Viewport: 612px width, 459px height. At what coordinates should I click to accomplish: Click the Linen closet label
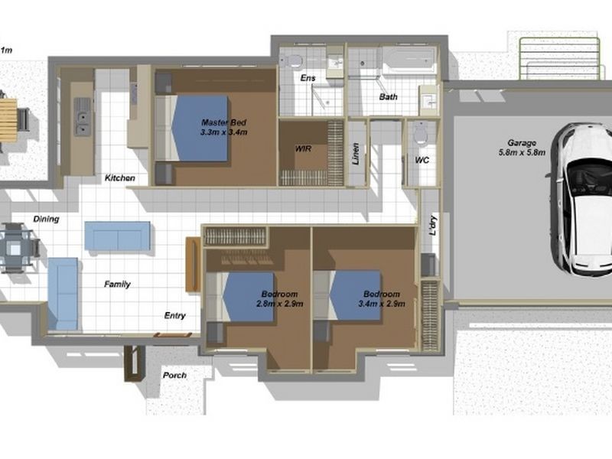(x=356, y=152)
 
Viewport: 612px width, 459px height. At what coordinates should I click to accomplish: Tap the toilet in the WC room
(x=419, y=135)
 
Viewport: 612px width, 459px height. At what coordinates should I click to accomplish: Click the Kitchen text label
(x=120, y=178)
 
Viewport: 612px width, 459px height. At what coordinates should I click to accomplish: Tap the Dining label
(x=46, y=220)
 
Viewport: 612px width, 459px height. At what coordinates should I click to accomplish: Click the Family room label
(x=117, y=285)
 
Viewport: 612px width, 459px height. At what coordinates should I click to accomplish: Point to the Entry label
(x=175, y=315)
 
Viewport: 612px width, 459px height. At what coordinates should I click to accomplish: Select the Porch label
(x=174, y=376)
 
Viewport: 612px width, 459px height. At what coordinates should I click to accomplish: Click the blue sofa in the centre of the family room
(x=117, y=236)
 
